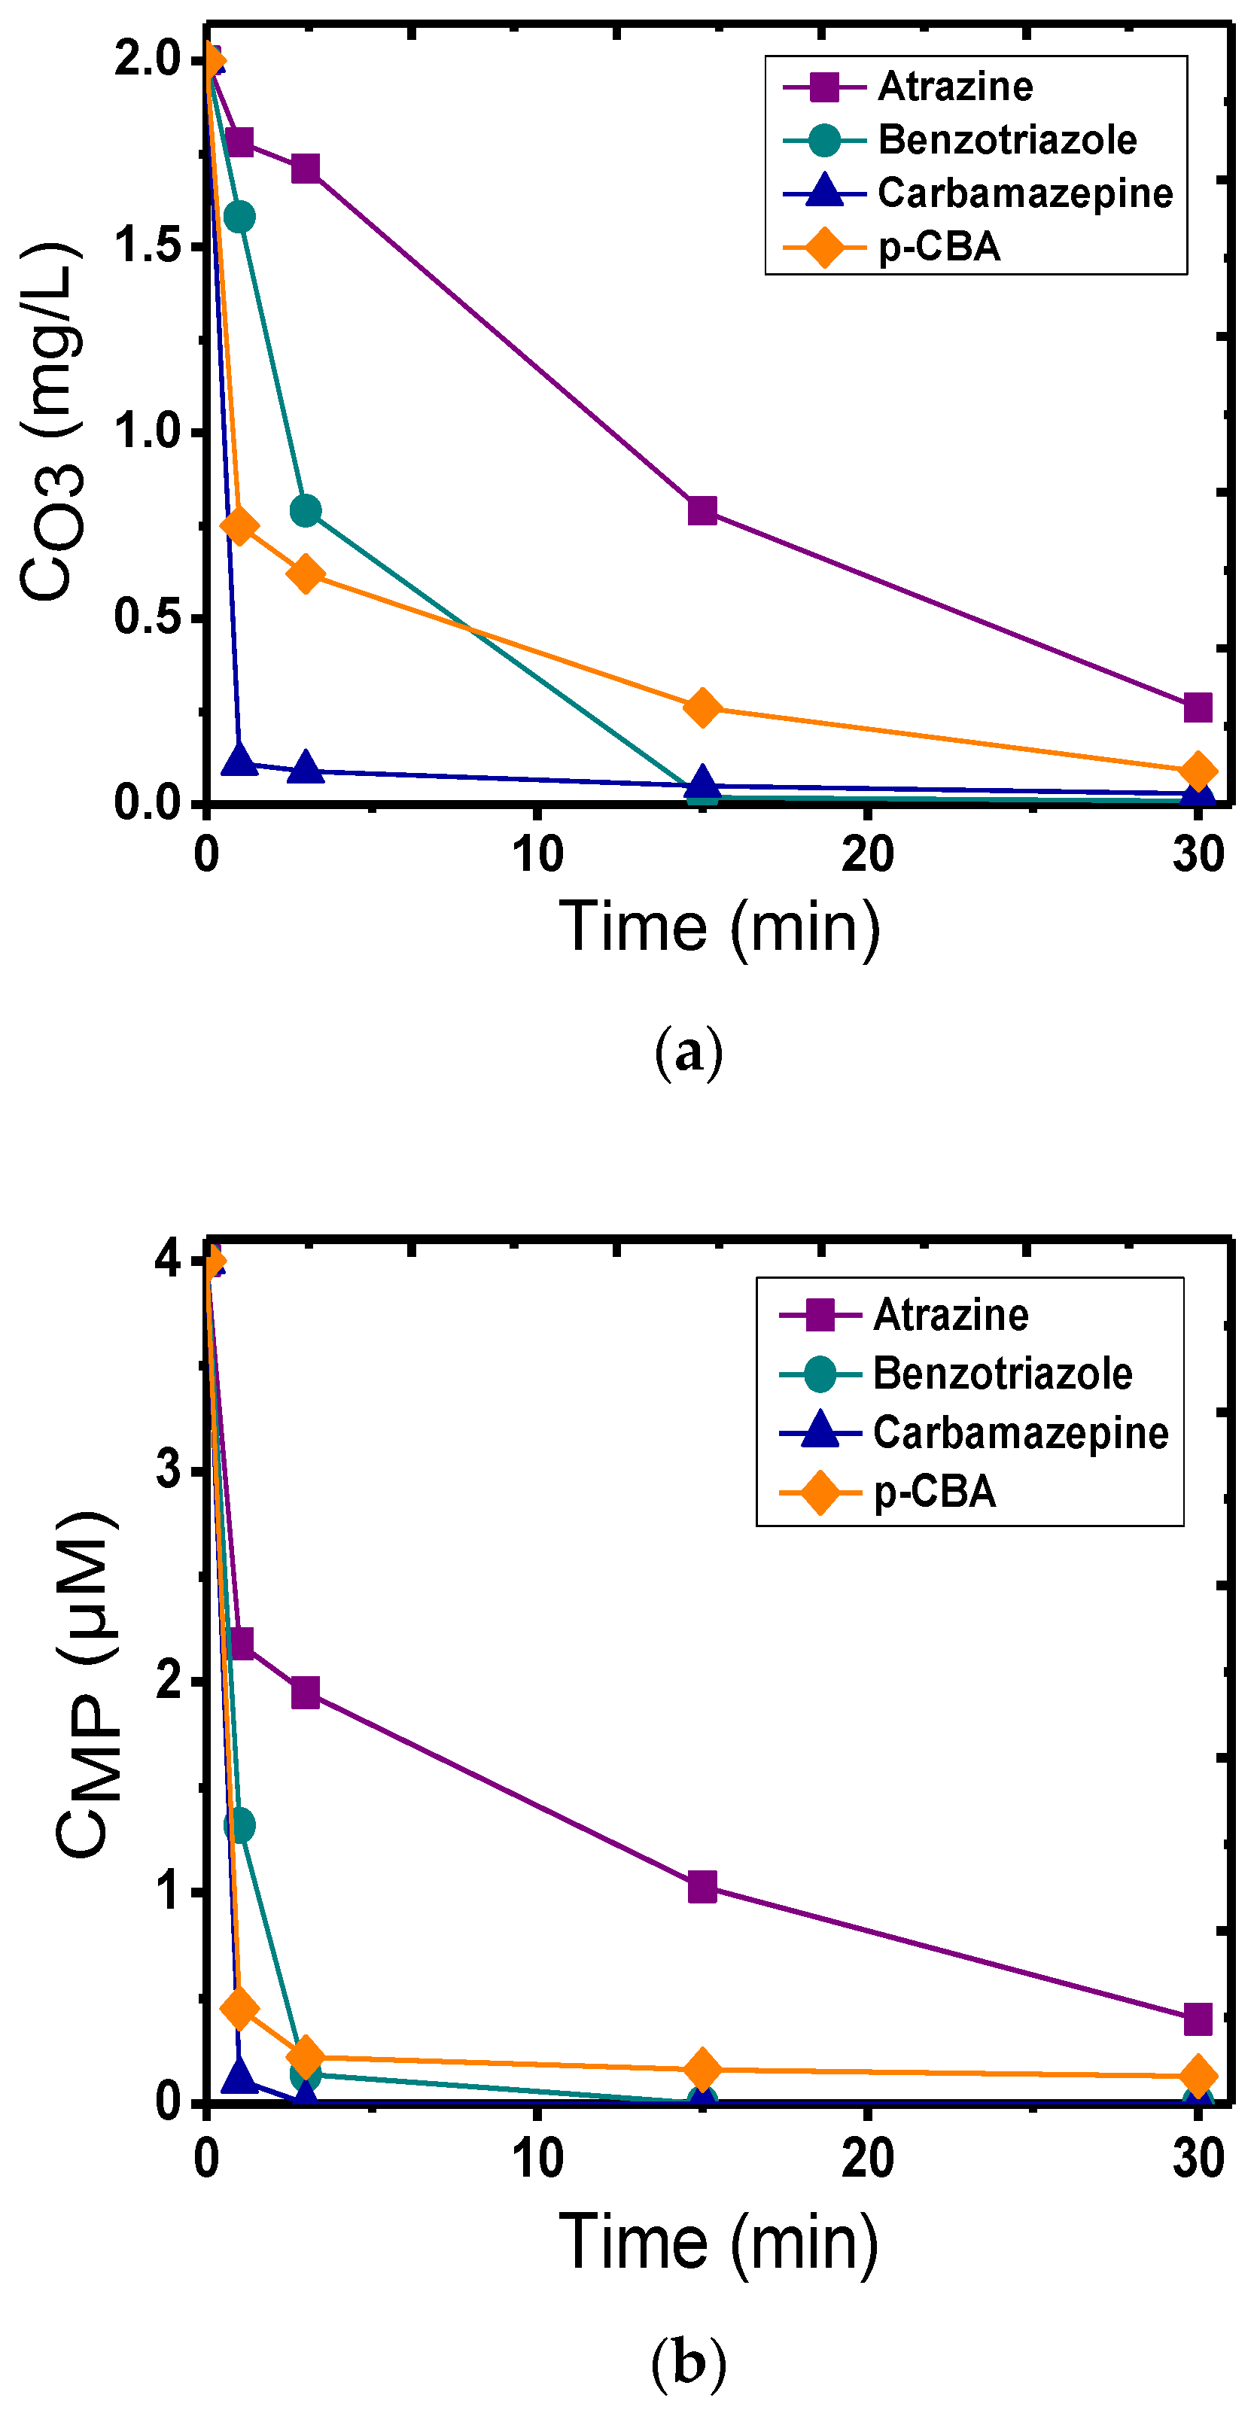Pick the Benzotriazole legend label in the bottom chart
(1002, 1374)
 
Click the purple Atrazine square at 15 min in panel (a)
(702, 510)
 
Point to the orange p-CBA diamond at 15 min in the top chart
(702, 707)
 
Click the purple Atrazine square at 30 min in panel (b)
(1197, 2019)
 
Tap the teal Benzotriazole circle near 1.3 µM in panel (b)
(240, 1824)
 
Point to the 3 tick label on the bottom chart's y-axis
(169, 1471)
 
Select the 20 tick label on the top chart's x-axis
(866, 855)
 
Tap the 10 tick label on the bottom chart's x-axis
(537, 2157)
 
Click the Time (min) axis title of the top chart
(720, 927)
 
